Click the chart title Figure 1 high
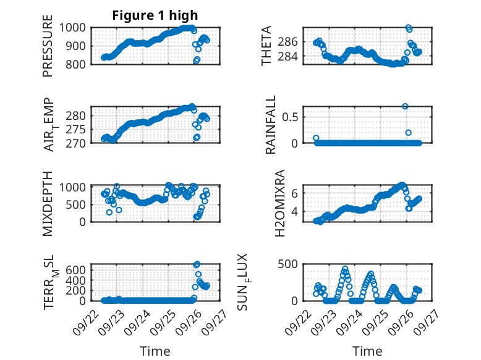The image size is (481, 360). coord(155,15)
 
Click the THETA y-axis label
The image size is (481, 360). coord(266,46)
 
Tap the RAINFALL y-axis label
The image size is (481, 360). coord(270,126)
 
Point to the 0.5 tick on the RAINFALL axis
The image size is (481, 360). coord(292,116)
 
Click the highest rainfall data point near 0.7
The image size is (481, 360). coord(405,106)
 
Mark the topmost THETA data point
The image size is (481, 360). coord(408,28)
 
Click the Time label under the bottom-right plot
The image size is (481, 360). coord(367,351)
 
